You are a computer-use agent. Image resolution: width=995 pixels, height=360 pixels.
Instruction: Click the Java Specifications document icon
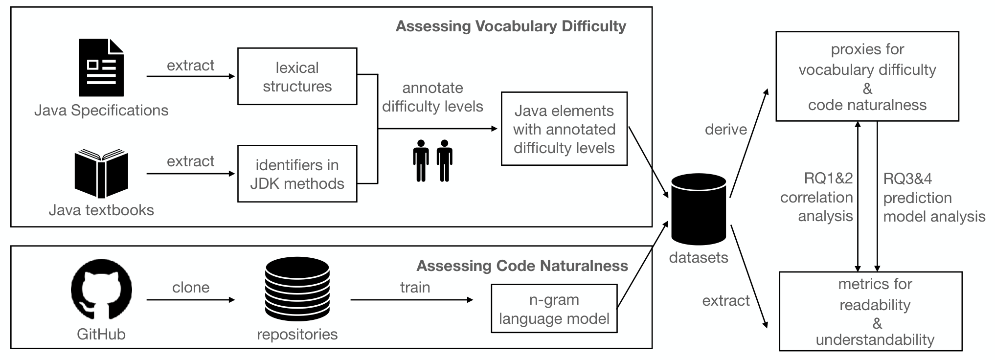click(x=101, y=68)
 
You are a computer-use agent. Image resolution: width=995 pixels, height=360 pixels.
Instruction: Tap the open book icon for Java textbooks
click(x=101, y=175)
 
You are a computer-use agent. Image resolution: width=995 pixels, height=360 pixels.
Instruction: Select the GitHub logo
click(x=101, y=290)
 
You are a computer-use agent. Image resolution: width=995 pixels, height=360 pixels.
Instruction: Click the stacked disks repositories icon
click(x=297, y=289)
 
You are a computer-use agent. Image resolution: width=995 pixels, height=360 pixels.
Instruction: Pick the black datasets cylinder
click(x=699, y=209)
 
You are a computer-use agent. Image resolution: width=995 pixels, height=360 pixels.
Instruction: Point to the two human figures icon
click(x=432, y=161)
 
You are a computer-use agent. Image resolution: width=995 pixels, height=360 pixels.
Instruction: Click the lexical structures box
click(x=297, y=76)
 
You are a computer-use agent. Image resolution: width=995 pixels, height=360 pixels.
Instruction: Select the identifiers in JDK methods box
click(x=297, y=174)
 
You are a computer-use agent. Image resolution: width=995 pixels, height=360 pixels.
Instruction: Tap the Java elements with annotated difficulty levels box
click(x=564, y=129)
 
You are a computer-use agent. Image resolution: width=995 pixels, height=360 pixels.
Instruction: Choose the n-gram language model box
click(x=554, y=309)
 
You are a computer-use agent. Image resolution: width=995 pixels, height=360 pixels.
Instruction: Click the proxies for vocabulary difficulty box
click(x=867, y=76)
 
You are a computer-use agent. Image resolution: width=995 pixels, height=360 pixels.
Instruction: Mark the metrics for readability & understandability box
click(x=871, y=312)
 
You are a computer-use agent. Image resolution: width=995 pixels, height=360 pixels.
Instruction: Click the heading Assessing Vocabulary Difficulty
click(x=511, y=26)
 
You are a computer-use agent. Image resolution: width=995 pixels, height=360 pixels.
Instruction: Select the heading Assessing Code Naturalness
click(x=522, y=266)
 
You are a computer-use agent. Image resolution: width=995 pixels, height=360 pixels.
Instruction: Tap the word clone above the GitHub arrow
click(x=191, y=287)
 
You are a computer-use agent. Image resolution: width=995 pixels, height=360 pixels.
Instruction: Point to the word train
click(x=415, y=287)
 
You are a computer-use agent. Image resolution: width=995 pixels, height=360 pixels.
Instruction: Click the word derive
click(x=726, y=129)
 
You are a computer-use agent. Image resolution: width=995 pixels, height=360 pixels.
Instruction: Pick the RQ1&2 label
click(x=828, y=179)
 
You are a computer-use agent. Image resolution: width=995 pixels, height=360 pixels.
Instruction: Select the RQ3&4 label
click(x=907, y=179)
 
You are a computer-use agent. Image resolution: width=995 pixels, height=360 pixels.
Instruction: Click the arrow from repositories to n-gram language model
click(x=412, y=299)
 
